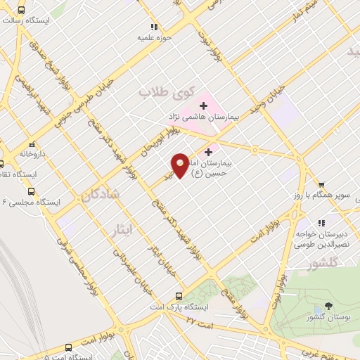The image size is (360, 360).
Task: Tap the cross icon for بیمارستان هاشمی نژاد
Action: point(203,105)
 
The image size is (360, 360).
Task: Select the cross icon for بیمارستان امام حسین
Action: point(209,151)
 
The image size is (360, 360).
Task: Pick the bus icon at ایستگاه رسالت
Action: point(21,11)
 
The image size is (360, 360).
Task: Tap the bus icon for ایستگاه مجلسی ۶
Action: point(31,191)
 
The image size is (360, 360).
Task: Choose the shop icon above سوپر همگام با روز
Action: point(321,184)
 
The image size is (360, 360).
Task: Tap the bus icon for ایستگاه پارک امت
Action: point(179,297)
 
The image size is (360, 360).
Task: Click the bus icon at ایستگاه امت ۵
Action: point(68,347)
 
